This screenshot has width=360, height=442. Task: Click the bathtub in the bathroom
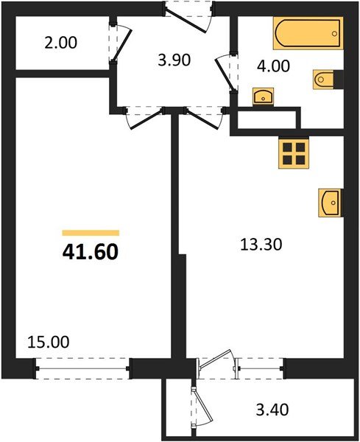(308, 34)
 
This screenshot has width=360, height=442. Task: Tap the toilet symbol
(325, 78)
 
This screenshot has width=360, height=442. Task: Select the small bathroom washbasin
(262, 96)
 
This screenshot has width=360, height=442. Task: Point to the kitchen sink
(330, 201)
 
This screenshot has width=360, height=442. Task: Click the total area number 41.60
(90, 253)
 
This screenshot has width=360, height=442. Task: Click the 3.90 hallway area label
(175, 60)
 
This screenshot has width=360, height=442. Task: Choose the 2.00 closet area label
(60, 43)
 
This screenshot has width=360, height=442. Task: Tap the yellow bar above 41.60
(90, 231)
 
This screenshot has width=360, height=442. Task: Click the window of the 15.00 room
(83, 368)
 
